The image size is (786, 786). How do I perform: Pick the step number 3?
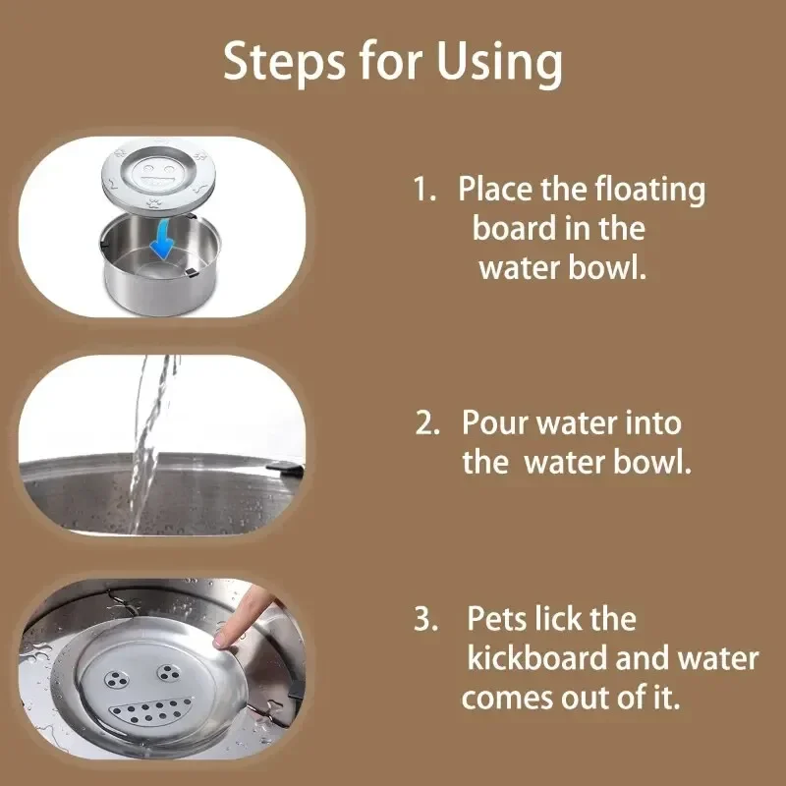(x=425, y=620)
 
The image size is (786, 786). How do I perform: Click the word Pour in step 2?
(x=495, y=423)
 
